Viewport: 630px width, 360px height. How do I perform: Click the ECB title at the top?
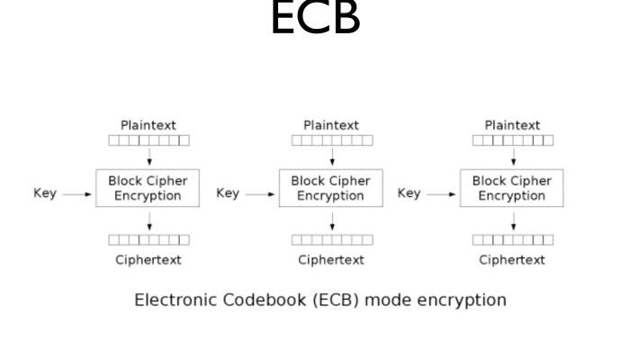coord(315,20)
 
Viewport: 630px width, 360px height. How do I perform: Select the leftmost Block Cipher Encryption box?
coord(149,187)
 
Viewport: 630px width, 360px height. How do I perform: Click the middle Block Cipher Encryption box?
coord(332,187)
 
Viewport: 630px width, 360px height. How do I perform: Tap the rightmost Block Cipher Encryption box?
coord(513,187)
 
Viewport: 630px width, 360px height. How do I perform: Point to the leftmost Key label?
coord(45,193)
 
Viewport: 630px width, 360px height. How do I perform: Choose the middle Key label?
coord(228,193)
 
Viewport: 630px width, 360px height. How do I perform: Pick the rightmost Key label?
coord(409,193)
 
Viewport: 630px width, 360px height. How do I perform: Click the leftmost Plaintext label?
coord(149,125)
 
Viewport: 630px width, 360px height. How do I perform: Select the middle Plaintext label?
coord(331,125)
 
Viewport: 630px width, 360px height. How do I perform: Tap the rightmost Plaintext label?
coord(513,125)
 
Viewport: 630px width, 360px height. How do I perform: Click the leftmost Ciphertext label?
coord(148,260)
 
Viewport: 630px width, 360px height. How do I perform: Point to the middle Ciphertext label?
coord(331,260)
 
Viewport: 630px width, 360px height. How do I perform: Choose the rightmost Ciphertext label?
coord(512,260)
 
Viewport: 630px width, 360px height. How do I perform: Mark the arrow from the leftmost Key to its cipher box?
coord(80,193)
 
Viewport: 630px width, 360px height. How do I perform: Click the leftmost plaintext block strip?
coord(149,140)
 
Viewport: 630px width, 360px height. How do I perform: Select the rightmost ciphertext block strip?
coord(513,240)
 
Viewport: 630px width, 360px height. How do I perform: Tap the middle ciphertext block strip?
coord(331,240)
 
